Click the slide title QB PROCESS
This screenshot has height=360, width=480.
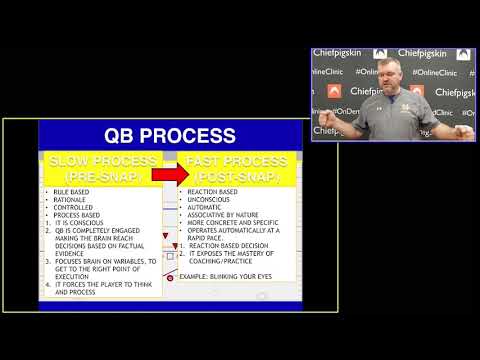(x=170, y=136)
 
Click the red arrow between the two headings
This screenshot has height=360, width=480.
(x=170, y=173)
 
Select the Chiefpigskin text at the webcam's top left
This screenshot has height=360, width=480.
(x=339, y=53)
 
